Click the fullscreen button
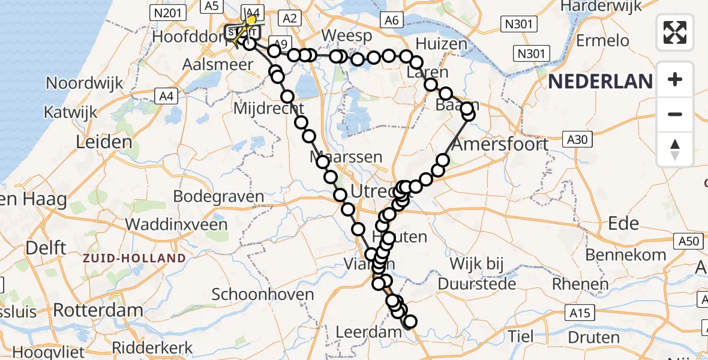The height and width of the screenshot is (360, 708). [675, 32]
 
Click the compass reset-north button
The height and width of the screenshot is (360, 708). [675, 149]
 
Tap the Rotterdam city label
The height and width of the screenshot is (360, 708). [98, 310]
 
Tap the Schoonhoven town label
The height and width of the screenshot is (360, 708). [263, 295]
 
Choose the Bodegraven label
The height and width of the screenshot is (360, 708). [218, 196]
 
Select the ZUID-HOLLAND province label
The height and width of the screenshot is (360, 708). [135, 258]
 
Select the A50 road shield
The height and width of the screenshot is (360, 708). [690, 241]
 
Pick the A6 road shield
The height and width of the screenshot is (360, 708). [392, 20]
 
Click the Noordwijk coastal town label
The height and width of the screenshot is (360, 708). [85, 83]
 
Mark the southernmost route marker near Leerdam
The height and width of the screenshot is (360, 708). [410, 322]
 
